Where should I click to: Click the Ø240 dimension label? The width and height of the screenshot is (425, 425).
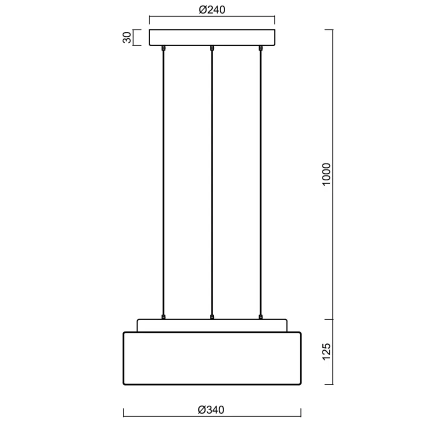pos(212,10)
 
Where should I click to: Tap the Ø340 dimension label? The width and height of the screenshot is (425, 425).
pos(211,410)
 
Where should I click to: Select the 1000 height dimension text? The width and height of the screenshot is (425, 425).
pos(326,174)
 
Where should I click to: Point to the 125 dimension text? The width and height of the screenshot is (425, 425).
pos(326,351)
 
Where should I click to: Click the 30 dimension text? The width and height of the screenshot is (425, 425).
pos(127,37)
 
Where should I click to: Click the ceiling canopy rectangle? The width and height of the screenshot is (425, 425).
pos(212,37)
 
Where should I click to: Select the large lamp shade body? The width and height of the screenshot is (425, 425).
pos(212,358)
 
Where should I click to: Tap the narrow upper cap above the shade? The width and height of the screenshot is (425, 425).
pos(212,325)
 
